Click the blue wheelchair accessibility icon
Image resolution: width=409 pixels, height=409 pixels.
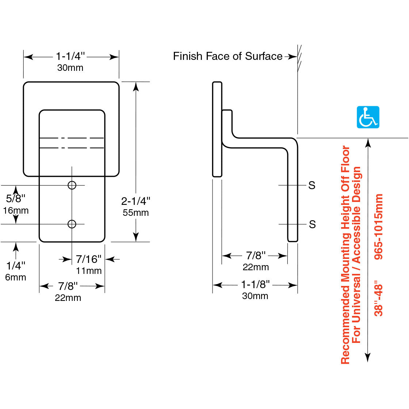[x=368, y=117]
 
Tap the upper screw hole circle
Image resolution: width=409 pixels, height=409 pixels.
[x=72, y=185]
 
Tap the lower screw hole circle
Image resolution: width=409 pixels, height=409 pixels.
[x=72, y=224]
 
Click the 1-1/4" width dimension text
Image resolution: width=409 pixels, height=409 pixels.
[x=70, y=56]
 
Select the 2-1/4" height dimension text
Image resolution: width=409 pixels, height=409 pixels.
[x=136, y=201]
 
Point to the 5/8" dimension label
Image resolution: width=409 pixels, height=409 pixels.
[x=16, y=198]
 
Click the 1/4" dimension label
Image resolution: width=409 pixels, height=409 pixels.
[x=16, y=265]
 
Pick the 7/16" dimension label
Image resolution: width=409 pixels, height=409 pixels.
[x=89, y=259]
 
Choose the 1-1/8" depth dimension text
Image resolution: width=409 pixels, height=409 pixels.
[x=255, y=284]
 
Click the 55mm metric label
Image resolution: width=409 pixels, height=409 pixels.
[x=136, y=213]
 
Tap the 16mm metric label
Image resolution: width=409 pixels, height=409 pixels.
[x=16, y=211]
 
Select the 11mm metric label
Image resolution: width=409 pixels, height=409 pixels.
[x=89, y=271]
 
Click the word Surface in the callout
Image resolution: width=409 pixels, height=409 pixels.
[x=264, y=56]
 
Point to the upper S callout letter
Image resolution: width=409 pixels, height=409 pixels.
[x=311, y=186]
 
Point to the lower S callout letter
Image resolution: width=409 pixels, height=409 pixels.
[x=312, y=224]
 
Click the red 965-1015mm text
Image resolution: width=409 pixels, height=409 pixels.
[x=379, y=227]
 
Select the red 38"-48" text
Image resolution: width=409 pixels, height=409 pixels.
[x=379, y=300]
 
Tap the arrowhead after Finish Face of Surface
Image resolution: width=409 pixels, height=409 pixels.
[x=293, y=57]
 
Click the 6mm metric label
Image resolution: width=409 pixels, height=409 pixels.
[x=16, y=278]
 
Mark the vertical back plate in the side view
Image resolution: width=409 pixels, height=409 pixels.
[x=217, y=129]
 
